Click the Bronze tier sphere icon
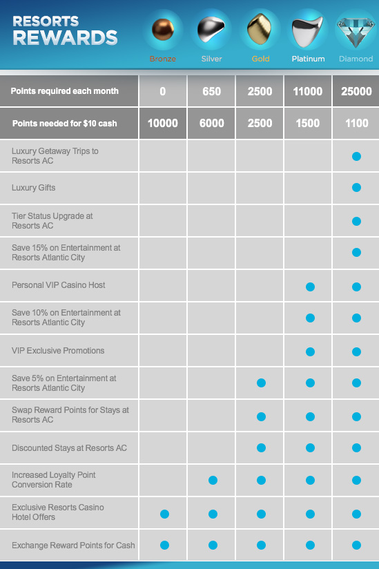(x=163, y=30)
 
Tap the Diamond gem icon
(x=356, y=32)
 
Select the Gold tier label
(x=261, y=59)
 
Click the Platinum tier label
(x=309, y=59)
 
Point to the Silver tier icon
(x=211, y=30)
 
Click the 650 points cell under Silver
(x=211, y=91)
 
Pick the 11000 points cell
(x=308, y=91)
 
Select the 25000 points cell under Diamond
(x=356, y=91)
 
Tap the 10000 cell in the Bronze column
(x=162, y=123)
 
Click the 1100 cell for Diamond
(x=356, y=123)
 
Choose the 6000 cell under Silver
(x=211, y=123)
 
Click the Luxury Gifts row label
(x=33, y=188)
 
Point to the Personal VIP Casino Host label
(x=59, y=285)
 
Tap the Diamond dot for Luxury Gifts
(x=356, y=188)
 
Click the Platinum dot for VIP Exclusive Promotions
(x=310, y=351)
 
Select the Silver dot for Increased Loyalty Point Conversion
(x=213, y=480)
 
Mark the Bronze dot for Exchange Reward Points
(x=165, y=545)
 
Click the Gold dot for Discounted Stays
(x=261, y=447)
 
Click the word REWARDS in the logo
(x=66, y=38)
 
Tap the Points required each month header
(x=65, y=91)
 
